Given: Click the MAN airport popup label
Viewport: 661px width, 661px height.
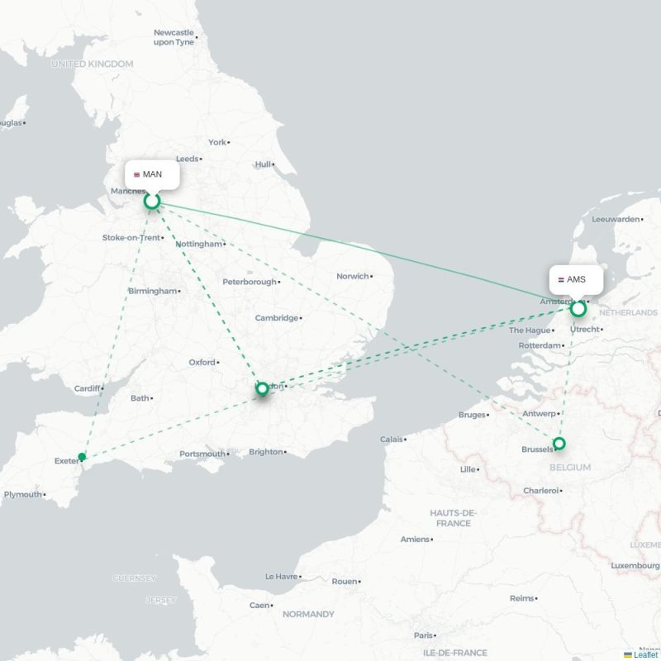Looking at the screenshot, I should pyautogui.click(x=152, y=174).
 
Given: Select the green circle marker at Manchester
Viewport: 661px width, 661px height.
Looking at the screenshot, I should pyautogui.click(x=152, y=201).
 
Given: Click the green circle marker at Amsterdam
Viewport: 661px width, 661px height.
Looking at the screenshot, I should pyautogui.click(x=578, y=309).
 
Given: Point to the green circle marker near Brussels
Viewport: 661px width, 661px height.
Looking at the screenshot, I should pyautogui.click(x=559, y=444).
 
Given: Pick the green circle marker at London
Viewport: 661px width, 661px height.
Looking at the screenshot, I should pyautogui.click(x=263, y=388).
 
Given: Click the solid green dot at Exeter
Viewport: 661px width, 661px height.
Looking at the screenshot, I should pyautogui.click(x=82, y=457).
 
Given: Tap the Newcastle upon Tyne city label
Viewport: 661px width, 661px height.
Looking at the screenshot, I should pyautogui.click(x=174, y=37).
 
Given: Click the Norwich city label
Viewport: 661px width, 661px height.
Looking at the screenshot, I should pyautogui.click(x=352, y=276).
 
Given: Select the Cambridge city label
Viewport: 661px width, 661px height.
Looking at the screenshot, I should pyautogui.click(x=276, y=318).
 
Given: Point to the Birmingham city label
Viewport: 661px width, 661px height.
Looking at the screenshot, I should pyautogui.click(x=153, y=291).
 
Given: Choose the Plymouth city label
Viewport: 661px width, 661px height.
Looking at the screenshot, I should pyautogui.click(x=23, y=494).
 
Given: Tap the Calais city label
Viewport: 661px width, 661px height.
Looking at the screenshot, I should pyautogui.click(x=392, y=440).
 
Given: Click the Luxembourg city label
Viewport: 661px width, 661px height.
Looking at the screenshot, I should pyautogui.click(x=635, y=565).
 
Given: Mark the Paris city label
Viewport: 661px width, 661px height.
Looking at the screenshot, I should pyautogui.click(x=424, y=635).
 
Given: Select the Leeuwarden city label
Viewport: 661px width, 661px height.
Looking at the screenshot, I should pyautogui.click(x=616, y=219).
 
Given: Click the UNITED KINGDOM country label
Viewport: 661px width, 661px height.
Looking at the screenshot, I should pyautogui.click(x=92, y=64).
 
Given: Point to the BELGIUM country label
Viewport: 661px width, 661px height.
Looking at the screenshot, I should pyautogui.click(x=568, y=468).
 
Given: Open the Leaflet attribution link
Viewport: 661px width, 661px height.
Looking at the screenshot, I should pyautogui.click(x=645, y=654).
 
